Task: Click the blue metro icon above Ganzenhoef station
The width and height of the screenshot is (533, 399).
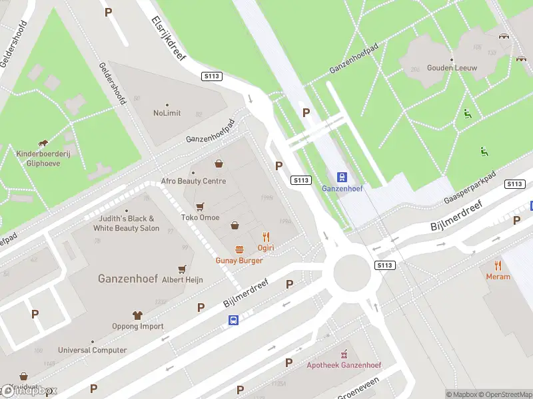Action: pos(342,177)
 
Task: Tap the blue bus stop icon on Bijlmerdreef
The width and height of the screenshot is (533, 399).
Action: pos(234,321)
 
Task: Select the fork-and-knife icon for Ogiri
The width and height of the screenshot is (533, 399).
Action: pos(266,237)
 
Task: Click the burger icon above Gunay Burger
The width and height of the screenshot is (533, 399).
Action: pos(239,249)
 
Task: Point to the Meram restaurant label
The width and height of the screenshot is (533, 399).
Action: pos(498,277)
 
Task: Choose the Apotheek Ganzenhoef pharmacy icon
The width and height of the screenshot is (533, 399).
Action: pos(344,354)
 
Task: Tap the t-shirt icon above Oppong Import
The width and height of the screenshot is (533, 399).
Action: pos(138,315)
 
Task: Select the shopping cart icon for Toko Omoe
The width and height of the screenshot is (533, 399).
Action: pos(200,207)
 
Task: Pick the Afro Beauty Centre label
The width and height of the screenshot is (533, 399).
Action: pos(193,181)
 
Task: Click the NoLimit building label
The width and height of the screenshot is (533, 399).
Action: pos(167,113)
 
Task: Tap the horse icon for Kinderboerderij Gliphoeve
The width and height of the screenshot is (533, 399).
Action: pos(43,144)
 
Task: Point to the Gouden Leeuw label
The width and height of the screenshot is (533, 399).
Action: pos(452,68)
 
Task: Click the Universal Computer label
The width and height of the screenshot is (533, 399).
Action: pos(92,350)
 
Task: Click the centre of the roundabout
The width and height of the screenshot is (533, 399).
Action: pos(356,273)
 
